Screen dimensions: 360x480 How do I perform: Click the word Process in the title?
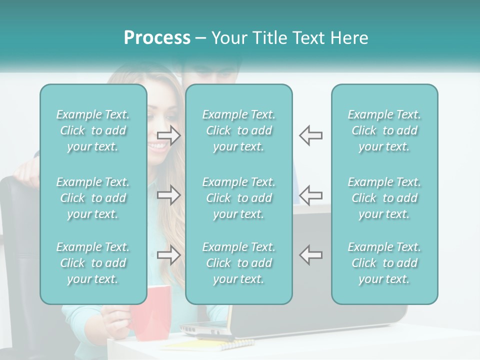[157, 38]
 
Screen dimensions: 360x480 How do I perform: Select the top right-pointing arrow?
[169, 135]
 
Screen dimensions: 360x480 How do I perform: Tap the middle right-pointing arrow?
[169, 195]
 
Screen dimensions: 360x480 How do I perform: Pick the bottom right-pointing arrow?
[169, 255]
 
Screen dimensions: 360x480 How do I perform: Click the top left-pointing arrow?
[310, 135]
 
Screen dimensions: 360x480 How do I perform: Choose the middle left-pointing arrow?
[310, 195]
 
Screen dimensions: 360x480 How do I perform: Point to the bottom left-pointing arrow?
[310, 255]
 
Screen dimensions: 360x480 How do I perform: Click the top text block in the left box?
[93, 130]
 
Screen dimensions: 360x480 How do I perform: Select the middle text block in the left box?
[93, 198]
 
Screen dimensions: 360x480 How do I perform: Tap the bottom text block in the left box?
[93, 263]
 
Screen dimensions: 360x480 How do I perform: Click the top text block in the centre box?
[238, 130]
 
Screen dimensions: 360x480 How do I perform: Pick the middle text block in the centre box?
[238, 198]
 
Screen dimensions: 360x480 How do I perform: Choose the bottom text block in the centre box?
[238, 263]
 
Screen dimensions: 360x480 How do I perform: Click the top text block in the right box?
[384, 130]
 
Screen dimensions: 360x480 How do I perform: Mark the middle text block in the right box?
[384, 198]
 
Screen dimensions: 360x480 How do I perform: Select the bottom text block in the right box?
[384, 263]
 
